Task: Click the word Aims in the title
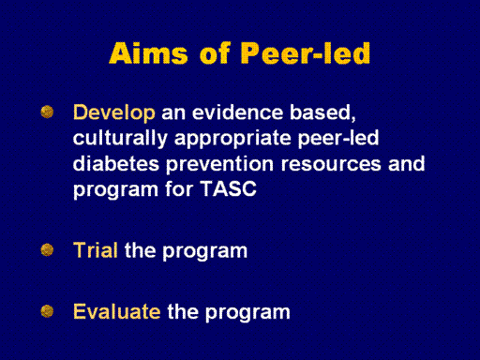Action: tap(149, 52)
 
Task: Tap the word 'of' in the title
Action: tap(215, 52)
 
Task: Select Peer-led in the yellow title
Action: tap(306, 52)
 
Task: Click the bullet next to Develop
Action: tap(47, 112)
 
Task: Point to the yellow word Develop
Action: tap(114, 113)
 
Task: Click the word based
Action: tap(322, 112)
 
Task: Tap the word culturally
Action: tap(120, 139)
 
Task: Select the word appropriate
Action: tap(232, 139)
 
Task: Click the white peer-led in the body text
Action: tap(338, 138)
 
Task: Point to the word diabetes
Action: tap(116, 164)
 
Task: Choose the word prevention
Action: tap(219, 165)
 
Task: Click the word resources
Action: tap(331, 164)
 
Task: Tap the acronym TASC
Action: tap(228, 188)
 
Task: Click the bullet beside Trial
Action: tap(47, 250)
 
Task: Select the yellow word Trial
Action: tap(96, 250)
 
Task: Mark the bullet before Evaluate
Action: tap(47, 311)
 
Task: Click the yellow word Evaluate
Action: tap(117, 311)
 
